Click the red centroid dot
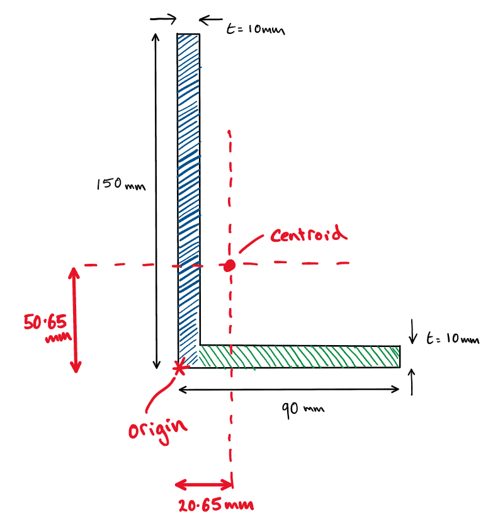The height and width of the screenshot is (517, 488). click(230, 265)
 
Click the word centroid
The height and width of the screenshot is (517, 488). click(309, 235)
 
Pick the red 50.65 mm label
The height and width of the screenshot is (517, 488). click(45, 327)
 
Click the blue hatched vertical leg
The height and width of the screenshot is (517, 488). click(188, 189)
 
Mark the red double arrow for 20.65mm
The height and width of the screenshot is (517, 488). click(204, 484)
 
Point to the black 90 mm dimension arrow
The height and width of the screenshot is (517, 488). click(290, 389)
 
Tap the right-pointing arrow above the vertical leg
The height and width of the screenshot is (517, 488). click(164, 19)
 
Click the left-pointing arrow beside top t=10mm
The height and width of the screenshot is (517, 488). click(210, 19)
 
